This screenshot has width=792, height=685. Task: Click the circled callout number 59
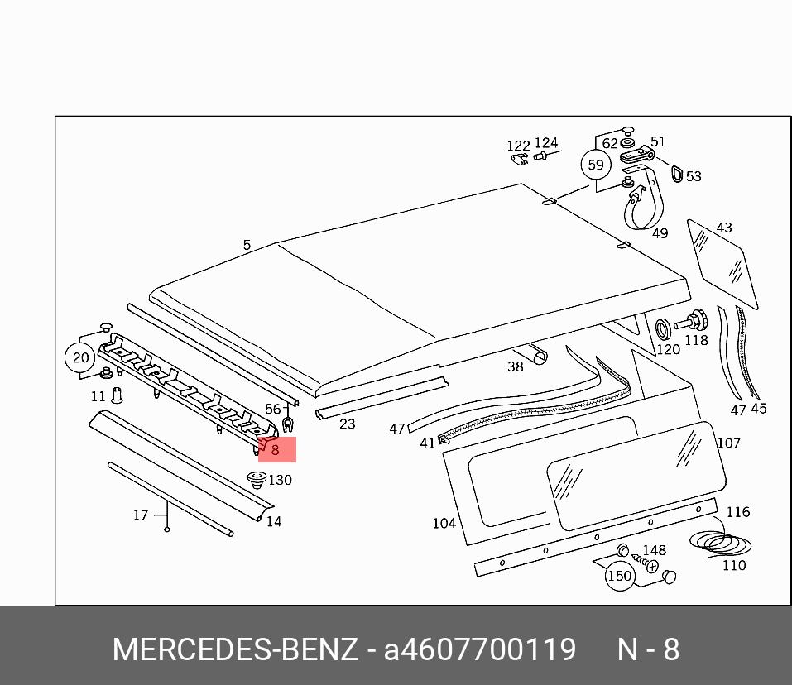pos(596,165)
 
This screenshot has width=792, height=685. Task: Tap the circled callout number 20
pos(80,357)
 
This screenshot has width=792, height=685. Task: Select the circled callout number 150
pos(619,576)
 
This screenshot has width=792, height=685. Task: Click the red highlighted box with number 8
pos(276,449)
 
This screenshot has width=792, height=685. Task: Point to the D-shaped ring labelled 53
pos(677,172)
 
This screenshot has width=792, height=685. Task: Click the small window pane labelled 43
pos(722,264)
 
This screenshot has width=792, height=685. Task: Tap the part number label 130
pos(281,480)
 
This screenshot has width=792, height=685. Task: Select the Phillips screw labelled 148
pos(645,563)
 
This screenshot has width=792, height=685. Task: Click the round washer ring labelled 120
pos(663,329)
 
